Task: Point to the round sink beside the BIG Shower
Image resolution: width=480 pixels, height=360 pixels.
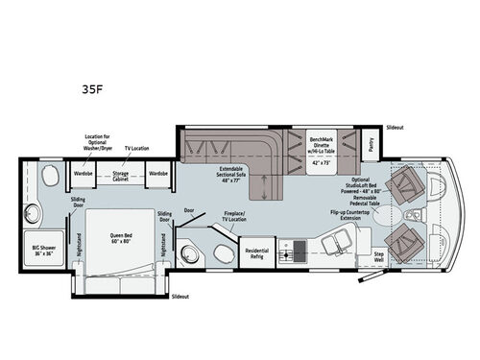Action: point(36,211)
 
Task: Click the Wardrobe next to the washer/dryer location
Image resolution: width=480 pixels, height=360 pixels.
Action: point(84,174)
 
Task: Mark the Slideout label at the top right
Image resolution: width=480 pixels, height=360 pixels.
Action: point(396,127)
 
